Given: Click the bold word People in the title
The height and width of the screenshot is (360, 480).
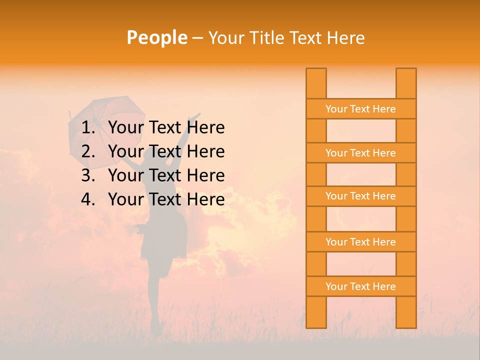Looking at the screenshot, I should [x=156, y=37].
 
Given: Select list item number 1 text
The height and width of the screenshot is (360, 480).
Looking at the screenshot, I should [x=166, y=127].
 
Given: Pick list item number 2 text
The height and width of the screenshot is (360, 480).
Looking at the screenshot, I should [x=166, y=151].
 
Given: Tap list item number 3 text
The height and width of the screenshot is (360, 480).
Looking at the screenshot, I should [x=166, y=175].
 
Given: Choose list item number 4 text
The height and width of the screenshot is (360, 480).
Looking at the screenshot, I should [x=166, y=199].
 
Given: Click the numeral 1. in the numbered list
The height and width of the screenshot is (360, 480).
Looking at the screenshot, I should [x=88, y=127].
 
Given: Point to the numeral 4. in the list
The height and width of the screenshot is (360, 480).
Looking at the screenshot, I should [x=88, y=199].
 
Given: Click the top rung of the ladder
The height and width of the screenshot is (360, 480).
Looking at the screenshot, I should [x=360, y=109].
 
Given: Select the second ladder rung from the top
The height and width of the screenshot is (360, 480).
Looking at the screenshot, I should [x=360, y=153].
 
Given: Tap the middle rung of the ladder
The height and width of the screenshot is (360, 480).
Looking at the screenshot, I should [x=360, y=196].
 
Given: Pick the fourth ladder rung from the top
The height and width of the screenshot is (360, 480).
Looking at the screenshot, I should [x=360, y=242].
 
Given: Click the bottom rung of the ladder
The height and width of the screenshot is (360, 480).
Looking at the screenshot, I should [x=360, y=286].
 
